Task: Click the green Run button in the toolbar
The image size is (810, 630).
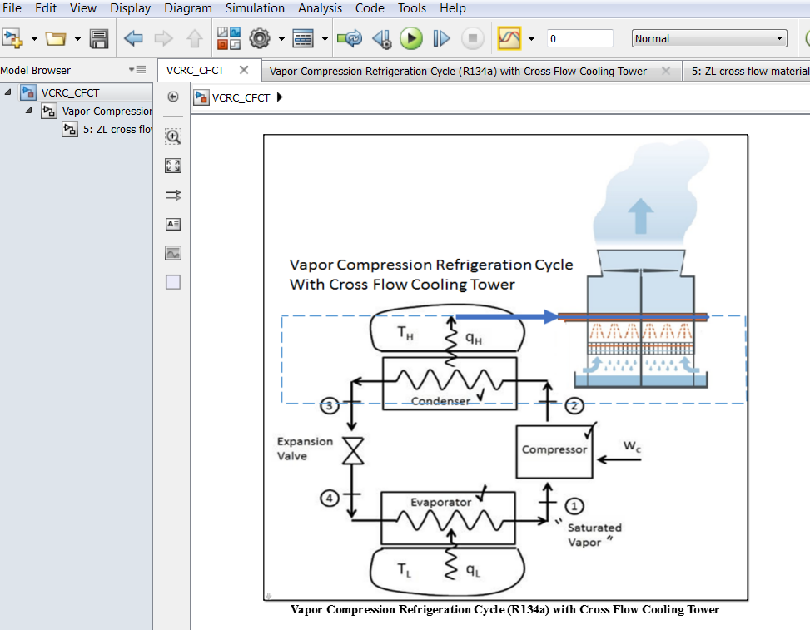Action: (410, 38)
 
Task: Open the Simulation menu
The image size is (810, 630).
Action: (256, 8)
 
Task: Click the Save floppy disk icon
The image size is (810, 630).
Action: (99, 38)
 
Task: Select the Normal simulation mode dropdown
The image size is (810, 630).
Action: (709, 38)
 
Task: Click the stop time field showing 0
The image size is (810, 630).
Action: (579, 38)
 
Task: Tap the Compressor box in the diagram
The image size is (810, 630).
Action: (554, 450)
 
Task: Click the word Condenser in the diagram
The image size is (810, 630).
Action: (440, 401)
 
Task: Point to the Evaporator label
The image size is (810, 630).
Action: (440, 502)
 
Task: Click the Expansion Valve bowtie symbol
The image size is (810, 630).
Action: (354, 452)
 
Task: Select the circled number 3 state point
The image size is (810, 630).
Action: (330, 406)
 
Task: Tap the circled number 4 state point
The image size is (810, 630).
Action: (330, 498)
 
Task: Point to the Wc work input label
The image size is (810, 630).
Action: (633, 446)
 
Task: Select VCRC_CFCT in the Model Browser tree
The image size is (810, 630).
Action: (70, 92)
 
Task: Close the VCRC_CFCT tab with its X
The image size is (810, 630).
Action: (244, 71)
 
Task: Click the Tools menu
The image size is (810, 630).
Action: (412, 8)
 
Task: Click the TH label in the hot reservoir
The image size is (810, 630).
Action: (405, 334)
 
